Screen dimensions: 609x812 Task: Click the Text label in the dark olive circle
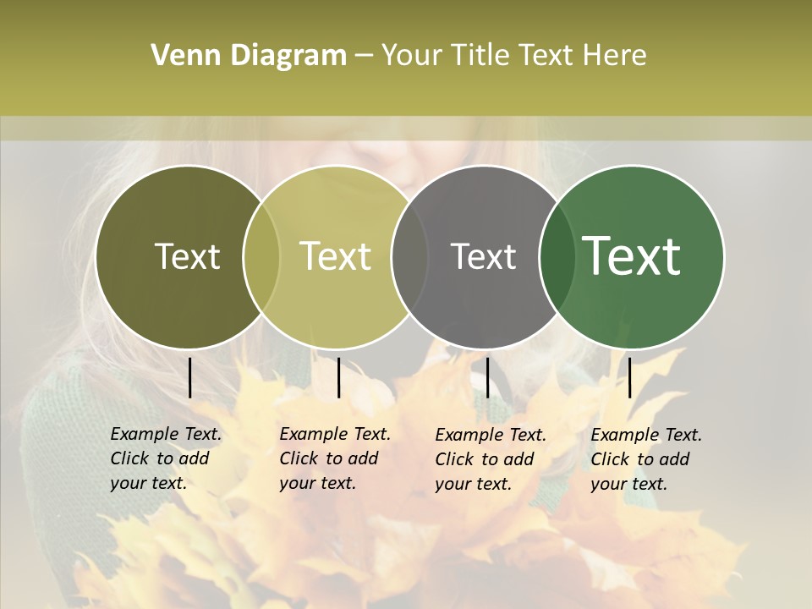click(187, 256)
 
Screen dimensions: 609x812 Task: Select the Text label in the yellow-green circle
click(336, 256)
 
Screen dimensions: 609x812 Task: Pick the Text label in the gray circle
click(483, 256)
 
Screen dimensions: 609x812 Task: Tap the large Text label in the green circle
click(632, 256)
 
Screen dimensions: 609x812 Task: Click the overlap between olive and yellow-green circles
click(261, 257)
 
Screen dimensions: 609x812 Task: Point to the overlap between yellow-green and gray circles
click(409, 257)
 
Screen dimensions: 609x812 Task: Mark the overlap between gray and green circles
click(557, 257)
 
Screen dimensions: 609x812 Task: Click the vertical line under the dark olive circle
click(189, 377)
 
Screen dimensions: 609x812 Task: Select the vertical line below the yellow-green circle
click(338, 377)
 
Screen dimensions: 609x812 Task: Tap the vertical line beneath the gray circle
click(487, 377)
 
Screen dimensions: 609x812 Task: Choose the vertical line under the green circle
click(629, 377)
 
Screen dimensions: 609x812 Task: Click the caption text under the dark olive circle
click(166, 458)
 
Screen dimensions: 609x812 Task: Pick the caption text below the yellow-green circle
click(335, 458)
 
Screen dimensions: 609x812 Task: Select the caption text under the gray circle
click(491, 459)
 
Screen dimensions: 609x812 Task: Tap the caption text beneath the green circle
click(646, 459)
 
